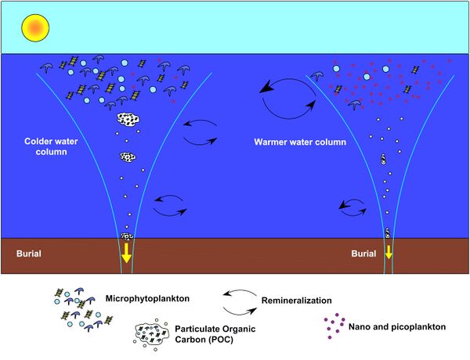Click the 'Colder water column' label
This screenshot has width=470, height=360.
pos(44,146)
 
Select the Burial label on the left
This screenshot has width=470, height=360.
pos(31,255)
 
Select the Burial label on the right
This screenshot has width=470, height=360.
pos(363,255)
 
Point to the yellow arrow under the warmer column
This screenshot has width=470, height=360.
pos(387,253)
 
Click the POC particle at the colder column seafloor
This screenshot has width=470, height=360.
pos(127,236)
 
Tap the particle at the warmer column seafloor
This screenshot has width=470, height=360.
pos(387,232)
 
